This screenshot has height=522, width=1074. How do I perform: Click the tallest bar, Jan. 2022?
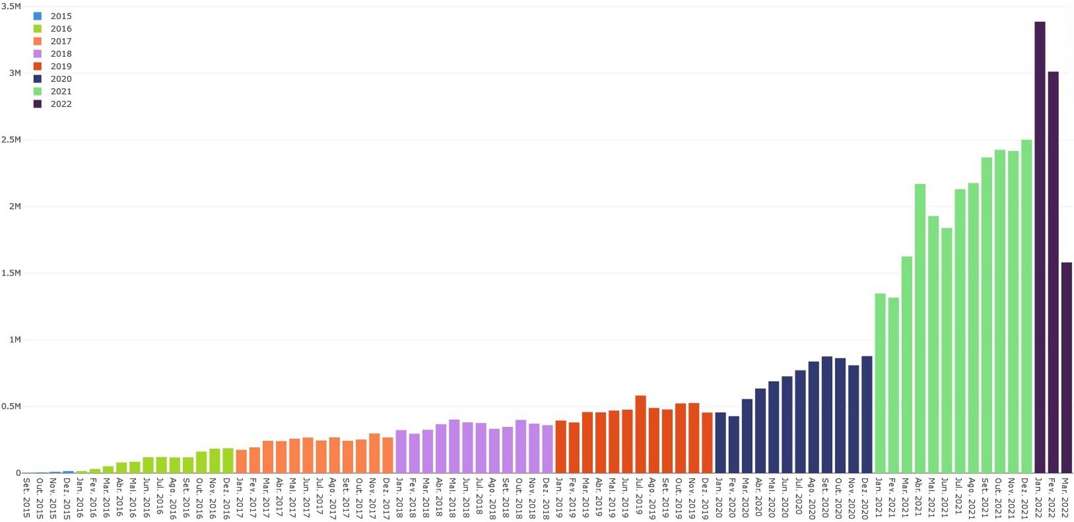pyautogui.click(x=1040, y=247)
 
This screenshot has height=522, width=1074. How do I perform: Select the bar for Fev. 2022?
pyautogui.click(x=1053, y=272)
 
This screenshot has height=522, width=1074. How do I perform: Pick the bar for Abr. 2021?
pyautogui.click(x=920, y=328)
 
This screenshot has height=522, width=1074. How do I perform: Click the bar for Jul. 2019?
pyautogui.click(x=640, y=434)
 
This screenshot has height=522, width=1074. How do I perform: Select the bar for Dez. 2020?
pyautogui.click(x=866, y=414)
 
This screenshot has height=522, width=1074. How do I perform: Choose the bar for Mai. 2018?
pyautogui.click(x=454, y=446)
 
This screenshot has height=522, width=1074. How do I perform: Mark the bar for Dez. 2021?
pyautogui.click(x=1026, y=306)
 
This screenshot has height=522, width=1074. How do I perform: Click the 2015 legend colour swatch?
pyautogui.click(x=38, y=16)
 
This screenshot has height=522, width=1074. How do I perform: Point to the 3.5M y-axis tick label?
pyautogui.click(x=11, y=7)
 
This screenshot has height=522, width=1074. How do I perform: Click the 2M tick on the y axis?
pyautogui.click(x=15, y=207)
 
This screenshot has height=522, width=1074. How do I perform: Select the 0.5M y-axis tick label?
pyautogui.click(x=11, y=406)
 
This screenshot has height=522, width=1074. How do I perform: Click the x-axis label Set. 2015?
pyautogui.click(x=26, y=498)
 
